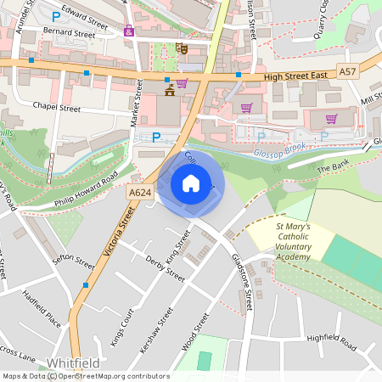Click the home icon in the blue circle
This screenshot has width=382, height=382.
click(x=191, y=183)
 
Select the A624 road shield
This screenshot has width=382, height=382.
click(x=140, y=193)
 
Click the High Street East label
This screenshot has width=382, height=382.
click(x=295, y=77)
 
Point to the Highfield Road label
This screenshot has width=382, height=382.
click(x=332, y=338)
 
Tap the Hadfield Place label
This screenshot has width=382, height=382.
click(x=42, y=309)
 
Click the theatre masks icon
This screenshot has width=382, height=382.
click(x=181, y=48)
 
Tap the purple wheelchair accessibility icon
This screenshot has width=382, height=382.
click(x=129, y=31)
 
